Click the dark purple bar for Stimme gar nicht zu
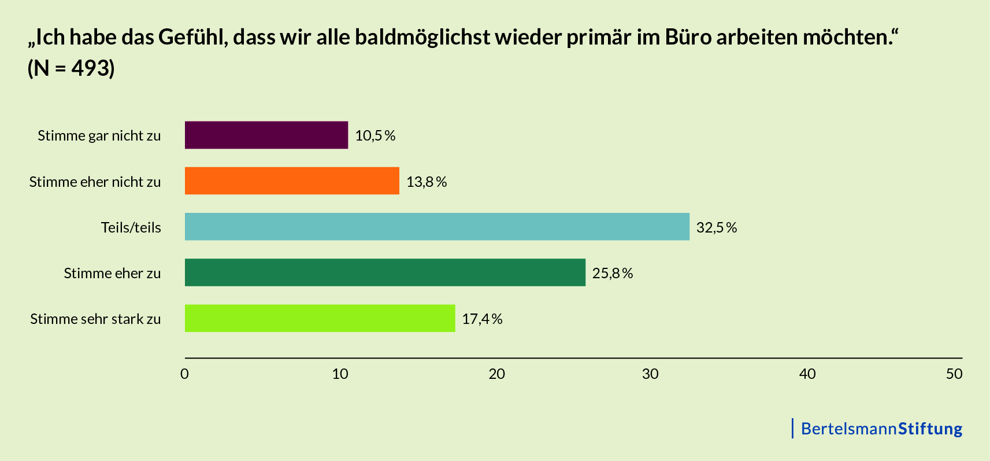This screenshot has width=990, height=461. point(266,135)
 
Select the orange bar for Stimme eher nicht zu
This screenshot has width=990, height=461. point(292,181)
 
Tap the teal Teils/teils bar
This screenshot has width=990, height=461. point(437,227)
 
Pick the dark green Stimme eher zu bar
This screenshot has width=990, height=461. point(385,272)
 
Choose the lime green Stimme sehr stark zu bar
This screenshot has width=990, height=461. point(320,318)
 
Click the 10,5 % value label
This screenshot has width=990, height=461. point(375,135)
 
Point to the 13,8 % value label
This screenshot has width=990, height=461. point(427,182)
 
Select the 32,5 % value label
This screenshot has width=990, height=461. point(717,227)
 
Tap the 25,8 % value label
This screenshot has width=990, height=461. point(613,273)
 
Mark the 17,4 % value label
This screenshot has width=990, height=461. point(482,319)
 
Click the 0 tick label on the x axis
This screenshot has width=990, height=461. point(185,374)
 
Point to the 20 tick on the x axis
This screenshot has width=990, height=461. point(496,374)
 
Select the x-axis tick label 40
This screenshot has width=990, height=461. point(807,374)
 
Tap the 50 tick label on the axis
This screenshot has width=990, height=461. point(954,374)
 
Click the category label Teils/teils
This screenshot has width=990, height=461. point(131,227)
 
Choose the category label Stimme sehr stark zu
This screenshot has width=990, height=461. point(95,319)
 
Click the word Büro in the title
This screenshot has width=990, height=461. point(688,37)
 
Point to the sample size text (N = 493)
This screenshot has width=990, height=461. point(71,68)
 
